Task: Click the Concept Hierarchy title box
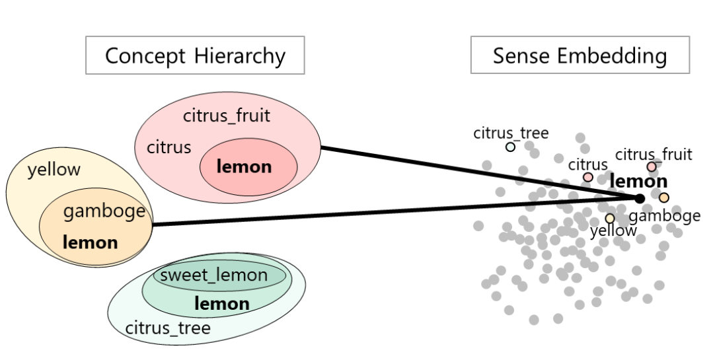click(195, 55)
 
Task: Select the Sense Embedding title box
click(580, 55)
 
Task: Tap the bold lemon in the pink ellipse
click(244, 167)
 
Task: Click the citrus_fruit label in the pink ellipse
click(227, 116)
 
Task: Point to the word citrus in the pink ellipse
click(169, 147)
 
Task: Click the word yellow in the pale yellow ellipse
click(54, 170)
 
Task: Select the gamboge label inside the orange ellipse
click(104, 211)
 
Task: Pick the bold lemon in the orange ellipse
click(90, 242)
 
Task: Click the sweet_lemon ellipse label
click(214, 275)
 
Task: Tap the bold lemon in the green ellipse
click(221, 304)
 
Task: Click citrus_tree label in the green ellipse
click(168, 328)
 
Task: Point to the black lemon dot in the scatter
click(639, 198)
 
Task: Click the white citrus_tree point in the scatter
click(510, 147)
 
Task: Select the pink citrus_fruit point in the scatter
click(652, 167)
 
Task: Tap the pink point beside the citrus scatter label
click(588, 177)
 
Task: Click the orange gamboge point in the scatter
click(663, 198)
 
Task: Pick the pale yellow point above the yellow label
click(609, 218)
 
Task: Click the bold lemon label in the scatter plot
click(638, 181)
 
